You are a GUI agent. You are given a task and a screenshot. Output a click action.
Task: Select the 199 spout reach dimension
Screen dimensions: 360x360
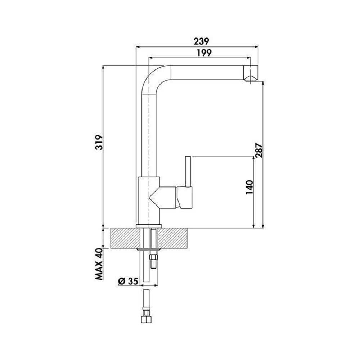(x=204, y=53)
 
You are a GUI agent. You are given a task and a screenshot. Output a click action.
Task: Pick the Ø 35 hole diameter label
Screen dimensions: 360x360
(x=128, y=281)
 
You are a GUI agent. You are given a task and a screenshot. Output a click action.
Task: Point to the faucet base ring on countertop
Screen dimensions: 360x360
(x=149, y=226)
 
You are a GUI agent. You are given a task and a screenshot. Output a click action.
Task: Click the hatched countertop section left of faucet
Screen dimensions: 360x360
(x=124, y=238)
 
